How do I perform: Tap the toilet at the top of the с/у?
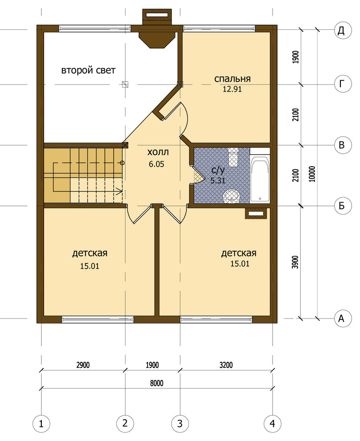point(233,157)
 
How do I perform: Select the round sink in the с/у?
point(232,196)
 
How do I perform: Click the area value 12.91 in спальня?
point(232,89)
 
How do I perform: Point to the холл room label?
point(158,152)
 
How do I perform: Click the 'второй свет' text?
point(88,70)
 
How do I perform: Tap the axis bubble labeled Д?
point(343,30)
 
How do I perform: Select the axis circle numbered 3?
point(180,423)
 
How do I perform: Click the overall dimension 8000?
point(156,384)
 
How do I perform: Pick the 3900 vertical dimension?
point(295,262)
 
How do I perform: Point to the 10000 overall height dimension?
point(312,174)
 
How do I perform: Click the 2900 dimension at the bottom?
point(83,365)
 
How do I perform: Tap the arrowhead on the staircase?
point(119,192)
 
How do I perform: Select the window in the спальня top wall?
point(219,28)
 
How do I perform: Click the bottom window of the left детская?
point(98,319)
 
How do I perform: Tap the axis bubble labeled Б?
point(343,206)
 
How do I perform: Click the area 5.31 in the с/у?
point(218,180)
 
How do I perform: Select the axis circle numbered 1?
point(41,423)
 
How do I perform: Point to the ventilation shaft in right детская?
point(256,213)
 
